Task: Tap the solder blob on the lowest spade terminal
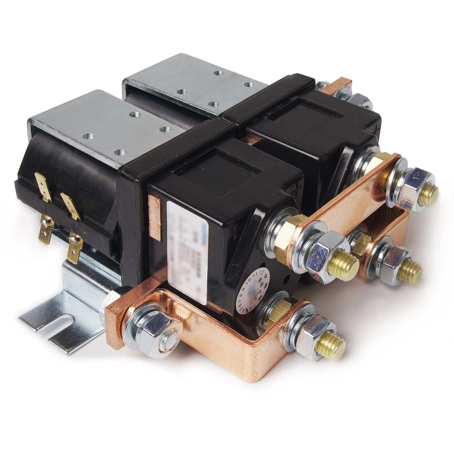[x=73, y=240]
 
